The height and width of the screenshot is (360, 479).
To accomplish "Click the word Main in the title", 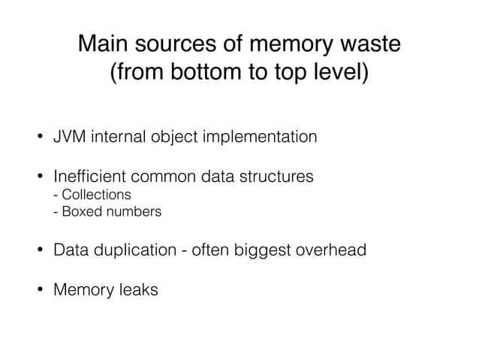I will [x=104, y=44].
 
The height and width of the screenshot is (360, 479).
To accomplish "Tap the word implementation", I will [x=256, y=138].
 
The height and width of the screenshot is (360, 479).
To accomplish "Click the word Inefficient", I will [x=91, y=178].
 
